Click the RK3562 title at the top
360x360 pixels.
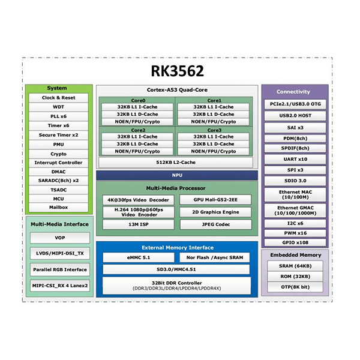[x=177, y=71]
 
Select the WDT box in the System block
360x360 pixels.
[x=59, y=107]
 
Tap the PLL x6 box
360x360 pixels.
[x=59, y=116]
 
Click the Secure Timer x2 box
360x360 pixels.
[x=59, y=135]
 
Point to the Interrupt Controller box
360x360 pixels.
[x=59, y=163]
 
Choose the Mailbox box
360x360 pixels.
[x=59, y=207]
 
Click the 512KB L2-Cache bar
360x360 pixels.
[x=176, y=162]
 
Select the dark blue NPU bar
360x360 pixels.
[x=176, y=176]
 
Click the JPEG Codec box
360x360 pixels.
[x=215, y=224]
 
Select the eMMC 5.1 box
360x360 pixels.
[x=138, y=257]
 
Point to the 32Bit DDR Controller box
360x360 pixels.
[x=176, y=284]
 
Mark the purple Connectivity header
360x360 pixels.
[x=293, y=92]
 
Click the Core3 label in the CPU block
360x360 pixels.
[x=215, y=130]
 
